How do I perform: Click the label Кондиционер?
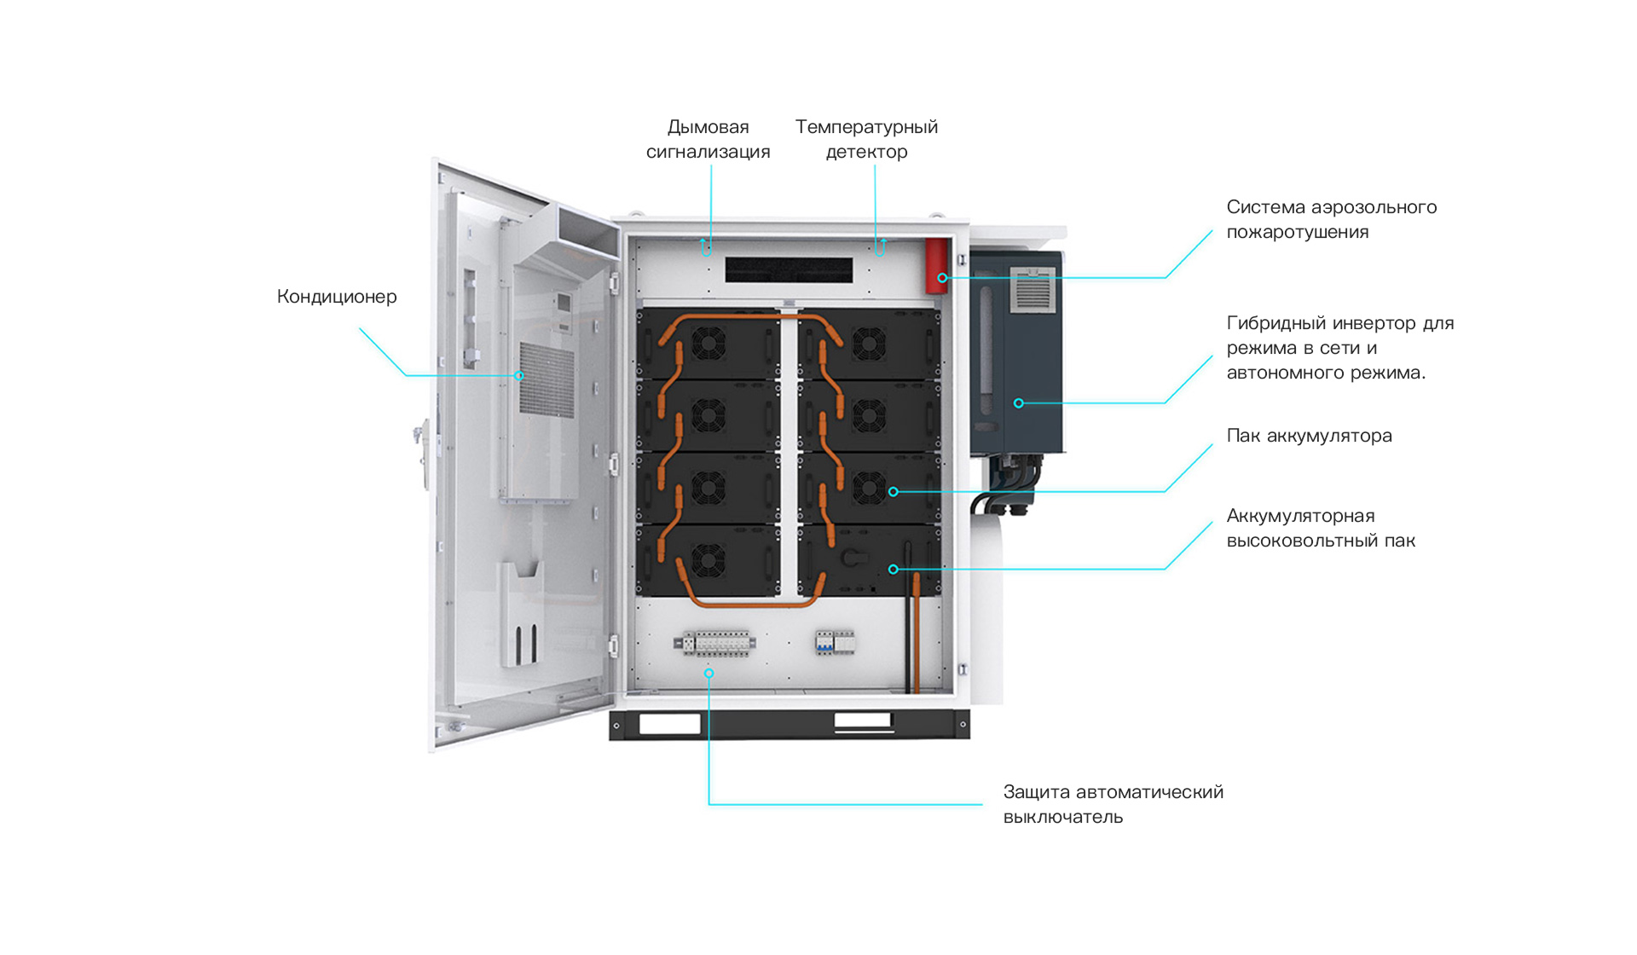click(x=337, y=297)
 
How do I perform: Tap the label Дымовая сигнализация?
click(x=708, y=139)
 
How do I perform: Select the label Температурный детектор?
click(x=866, y=139)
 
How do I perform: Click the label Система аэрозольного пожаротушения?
click(x=1331, y=219)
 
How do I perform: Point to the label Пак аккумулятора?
click(x=1309, y=436)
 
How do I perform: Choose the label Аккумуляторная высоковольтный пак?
click(x=1321, y=528)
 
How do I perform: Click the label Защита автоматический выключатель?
click(x=1113, y=804)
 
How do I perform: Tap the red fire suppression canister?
click(x=937, y=266)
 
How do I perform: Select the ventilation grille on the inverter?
click(x=1033, y=291)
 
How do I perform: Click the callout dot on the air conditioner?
click(x=518, y=375)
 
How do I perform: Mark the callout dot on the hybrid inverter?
click(x=1018, y=403)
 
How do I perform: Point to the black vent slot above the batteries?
click(x=789, y=269)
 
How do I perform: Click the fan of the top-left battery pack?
click(x=708, y=344)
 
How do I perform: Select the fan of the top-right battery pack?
click(x=868, y=344)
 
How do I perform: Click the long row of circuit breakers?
click(x=715, y=643)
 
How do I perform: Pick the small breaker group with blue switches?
click(x=834, y=642)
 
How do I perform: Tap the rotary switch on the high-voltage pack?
click(x=851, y=558)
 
